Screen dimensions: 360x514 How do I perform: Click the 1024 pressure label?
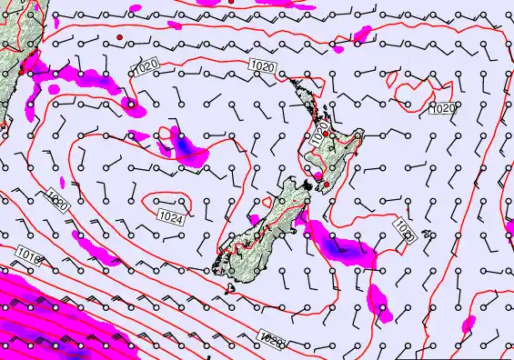[167, 215]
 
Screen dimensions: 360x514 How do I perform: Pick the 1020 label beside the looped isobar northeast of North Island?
[441, 108]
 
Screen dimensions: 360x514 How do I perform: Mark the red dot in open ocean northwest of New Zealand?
[119, 36]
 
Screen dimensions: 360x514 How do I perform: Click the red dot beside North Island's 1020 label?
[326, 133]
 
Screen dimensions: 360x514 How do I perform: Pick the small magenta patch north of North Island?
[363, 35]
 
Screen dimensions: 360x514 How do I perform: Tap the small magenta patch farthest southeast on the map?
[469, 325]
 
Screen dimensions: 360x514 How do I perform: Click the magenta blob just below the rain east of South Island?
[380, 305]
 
